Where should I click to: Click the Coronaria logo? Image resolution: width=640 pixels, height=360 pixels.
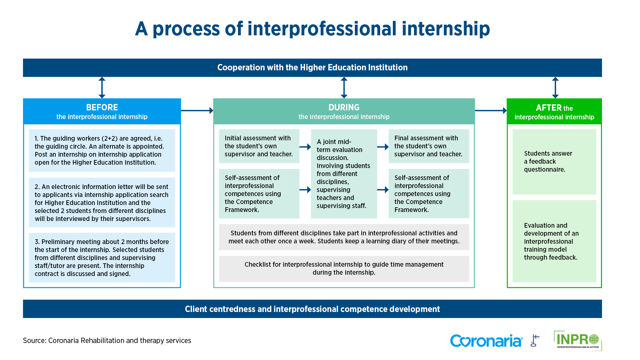pos(486,341)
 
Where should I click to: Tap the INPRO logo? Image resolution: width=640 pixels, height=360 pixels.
pos(578,340)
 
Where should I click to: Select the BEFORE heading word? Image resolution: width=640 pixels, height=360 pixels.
pos(102,107)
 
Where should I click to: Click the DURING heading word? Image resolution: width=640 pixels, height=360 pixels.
pos(344,107)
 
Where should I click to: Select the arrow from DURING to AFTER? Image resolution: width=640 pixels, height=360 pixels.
pos(490,110)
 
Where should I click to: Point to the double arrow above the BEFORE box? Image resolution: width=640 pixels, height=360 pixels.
pos(102,88)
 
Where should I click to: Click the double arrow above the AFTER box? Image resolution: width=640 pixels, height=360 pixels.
pos(555,88)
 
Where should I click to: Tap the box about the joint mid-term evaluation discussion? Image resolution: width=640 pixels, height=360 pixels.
pos(344,174)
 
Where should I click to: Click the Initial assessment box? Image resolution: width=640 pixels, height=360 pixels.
pos(259,146)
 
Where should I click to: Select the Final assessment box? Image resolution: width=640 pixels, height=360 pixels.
pos(429,146)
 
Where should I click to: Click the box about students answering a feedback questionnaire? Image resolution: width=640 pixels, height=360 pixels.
pos(554,162)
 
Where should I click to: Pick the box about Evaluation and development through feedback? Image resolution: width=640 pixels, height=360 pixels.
pos(554,241)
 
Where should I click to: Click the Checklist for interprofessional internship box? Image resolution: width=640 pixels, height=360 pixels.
pos(344,269)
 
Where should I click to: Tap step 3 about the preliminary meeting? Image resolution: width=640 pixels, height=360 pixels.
pos(102,258)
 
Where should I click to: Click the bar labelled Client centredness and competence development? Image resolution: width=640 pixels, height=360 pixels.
pos(312,309)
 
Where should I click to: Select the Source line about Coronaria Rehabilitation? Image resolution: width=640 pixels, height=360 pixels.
pos(107,340)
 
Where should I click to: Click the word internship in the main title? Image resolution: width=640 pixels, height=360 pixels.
pos(446,29)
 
